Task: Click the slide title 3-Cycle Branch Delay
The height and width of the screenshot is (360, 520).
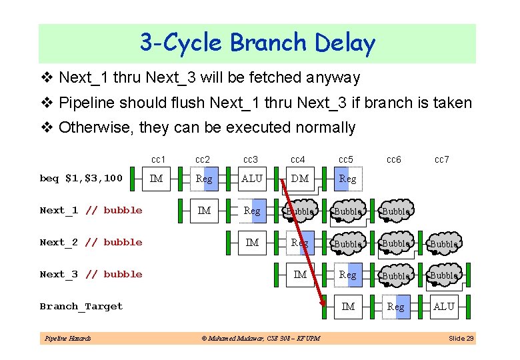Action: click(257, 43)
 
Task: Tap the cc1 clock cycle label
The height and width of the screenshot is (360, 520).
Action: click(158, 159)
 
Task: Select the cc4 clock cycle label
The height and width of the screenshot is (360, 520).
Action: click(298, 159)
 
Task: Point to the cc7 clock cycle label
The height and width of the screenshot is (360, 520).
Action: click(442, 159)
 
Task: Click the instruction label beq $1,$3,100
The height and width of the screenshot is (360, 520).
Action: click(81, 178)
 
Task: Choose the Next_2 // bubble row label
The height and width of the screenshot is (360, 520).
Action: click(91, 242)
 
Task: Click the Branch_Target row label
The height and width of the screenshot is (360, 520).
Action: click(81, 307)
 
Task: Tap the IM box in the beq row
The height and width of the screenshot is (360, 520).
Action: click(157, 178)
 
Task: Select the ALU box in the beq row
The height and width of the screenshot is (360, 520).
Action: click(252, 178)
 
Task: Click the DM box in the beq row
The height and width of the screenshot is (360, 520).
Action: click(300, 178)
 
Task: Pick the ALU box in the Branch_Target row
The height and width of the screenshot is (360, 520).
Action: click(443, 307)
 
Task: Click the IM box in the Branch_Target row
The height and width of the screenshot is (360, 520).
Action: click(348, 307)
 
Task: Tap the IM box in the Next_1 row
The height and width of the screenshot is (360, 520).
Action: click(205, 211)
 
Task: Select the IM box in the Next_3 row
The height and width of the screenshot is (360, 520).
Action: click(300, 274)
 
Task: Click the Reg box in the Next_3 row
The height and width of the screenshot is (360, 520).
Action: click(348, 274)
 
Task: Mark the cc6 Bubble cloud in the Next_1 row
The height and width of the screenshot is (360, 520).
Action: click(396, 211)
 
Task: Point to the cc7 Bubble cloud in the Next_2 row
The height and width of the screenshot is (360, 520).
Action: click(443, 243)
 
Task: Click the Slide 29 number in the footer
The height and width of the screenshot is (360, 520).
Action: click(461, 339)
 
